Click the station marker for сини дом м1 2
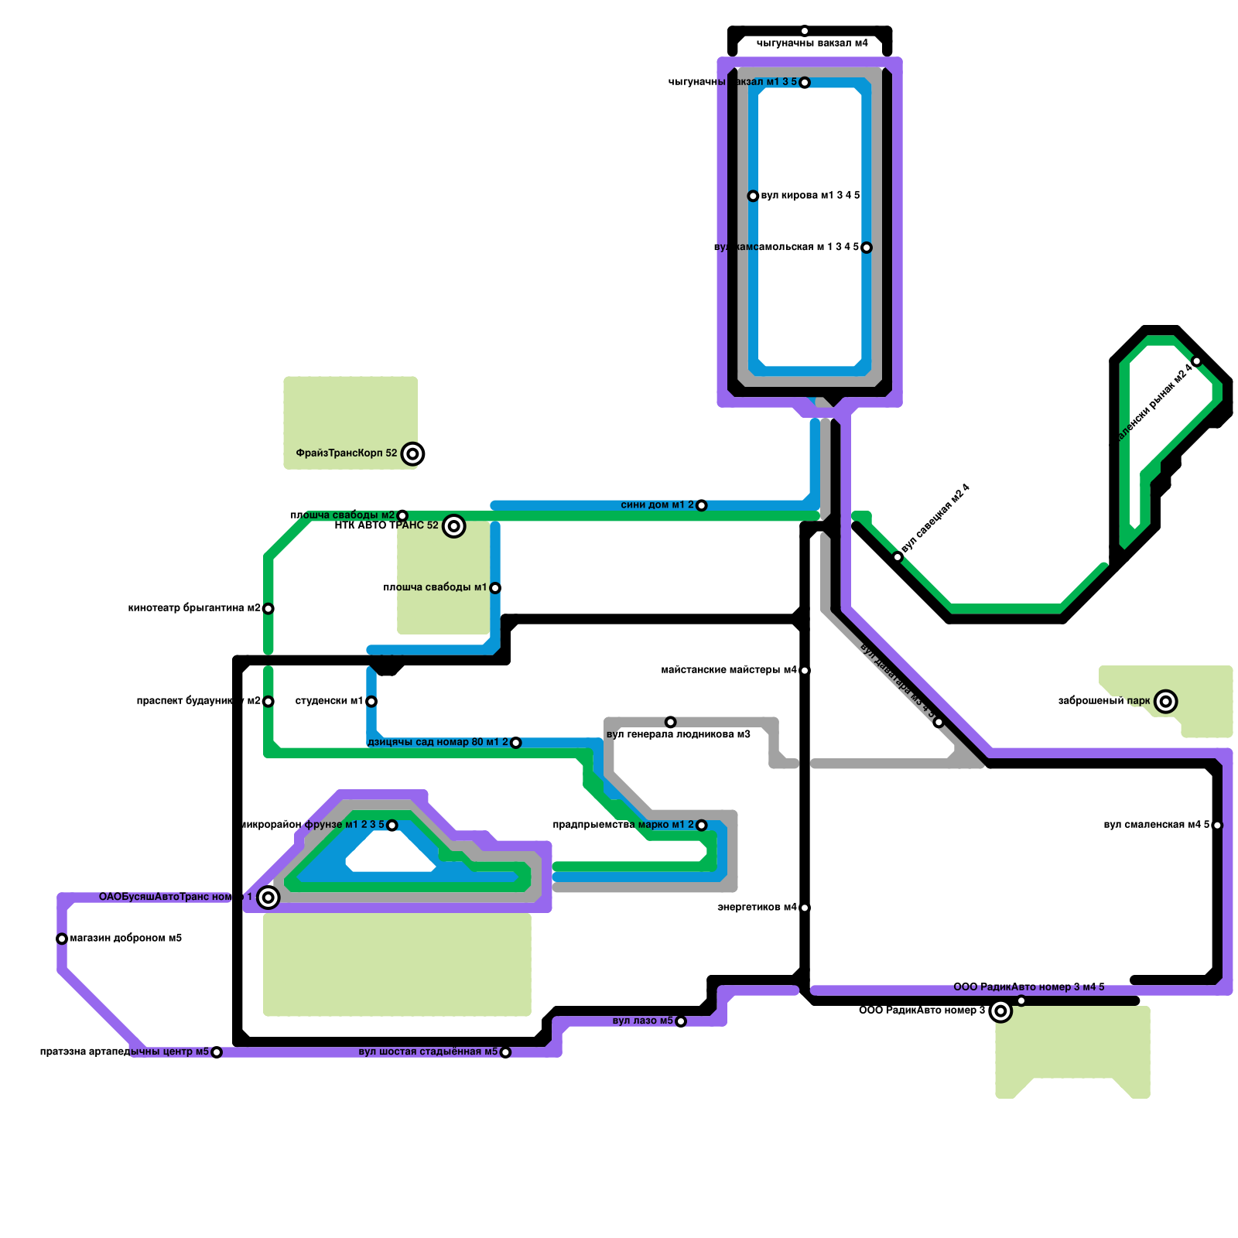(701, 505)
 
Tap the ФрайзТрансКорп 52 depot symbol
(413, 453)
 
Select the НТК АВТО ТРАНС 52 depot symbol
(454, 526)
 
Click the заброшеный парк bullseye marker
(1166, 701)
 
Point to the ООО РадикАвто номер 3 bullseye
(1000, 1011)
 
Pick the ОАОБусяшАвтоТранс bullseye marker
(268, 898)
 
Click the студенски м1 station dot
(371, 701)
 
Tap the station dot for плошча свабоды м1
(495, 588)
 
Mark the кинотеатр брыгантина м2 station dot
(268, 608)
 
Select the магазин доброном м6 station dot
(62, 939)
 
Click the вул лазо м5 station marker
(681, 1021)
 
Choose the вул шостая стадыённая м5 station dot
(505, 1052)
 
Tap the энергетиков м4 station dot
(805, 908)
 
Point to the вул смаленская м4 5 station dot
(1217, 825)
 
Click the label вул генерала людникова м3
(678, 734)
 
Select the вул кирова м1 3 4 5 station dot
(753, 196)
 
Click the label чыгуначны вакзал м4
(812, 43)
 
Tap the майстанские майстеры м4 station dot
(805, 670)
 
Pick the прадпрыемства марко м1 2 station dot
(701, 825)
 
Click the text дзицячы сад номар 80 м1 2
(438, 742)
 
